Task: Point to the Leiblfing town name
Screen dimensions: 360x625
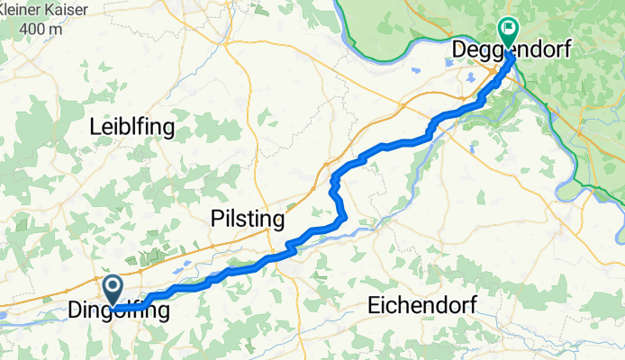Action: click(x=132, y=128)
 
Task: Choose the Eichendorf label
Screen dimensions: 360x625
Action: click(x=421, y=305)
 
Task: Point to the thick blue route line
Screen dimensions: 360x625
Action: click(x=387, y=145)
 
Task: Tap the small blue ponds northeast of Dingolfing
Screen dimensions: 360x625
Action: click(x=180, y=267)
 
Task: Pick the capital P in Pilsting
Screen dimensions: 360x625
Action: click(x=217, y=219)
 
